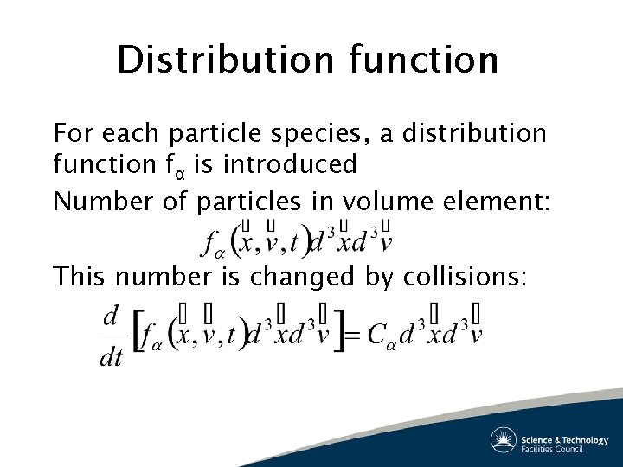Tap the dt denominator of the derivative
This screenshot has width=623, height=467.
[x=112, y=357]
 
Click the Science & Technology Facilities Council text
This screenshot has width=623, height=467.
[x=564, y=444]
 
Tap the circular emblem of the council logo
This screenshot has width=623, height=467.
[x=504, y=441]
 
